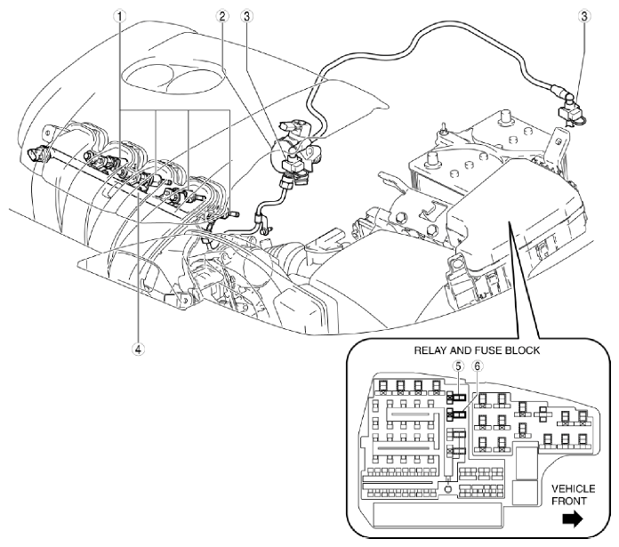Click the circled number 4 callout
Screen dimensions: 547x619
(139, 350)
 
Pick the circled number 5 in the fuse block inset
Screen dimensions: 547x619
(458, 365)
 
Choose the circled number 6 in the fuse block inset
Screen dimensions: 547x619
(476, 365)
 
